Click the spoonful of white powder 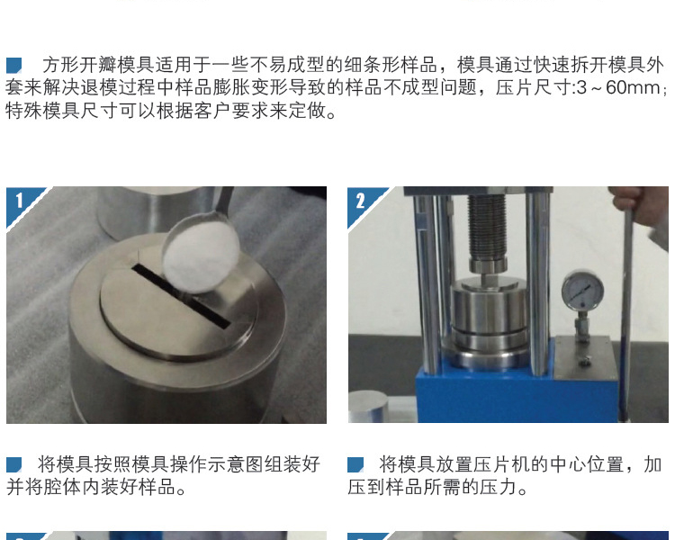click(x=201, y=253)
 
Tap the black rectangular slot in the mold click(x=181, y=294)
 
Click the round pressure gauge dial click(x=582, y=291)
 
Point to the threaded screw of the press click(x=486, y=226)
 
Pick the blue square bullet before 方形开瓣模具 click(x=13, y=66)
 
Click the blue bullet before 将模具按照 click(x=13, y=465)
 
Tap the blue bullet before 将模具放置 click(x=355, y=465)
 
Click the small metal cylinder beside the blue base click(x=368, y=407)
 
